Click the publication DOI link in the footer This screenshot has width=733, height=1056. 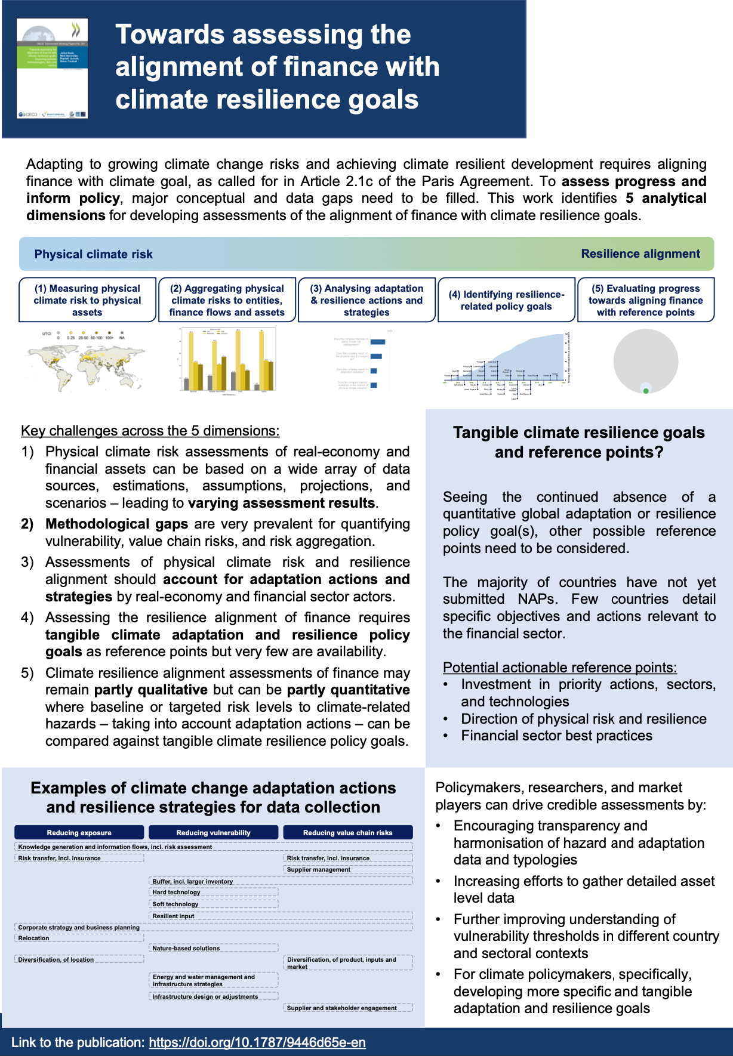click(x=257, y=1042)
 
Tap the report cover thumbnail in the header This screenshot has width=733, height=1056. click(x=53, y=68)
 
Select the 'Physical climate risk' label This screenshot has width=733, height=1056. click(x=93, y=254)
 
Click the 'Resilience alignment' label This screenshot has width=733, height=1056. click(x=640, y=254)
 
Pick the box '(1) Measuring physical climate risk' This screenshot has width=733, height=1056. click(x=87, y=300)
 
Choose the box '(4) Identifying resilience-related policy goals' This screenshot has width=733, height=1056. click(x=506, y=300)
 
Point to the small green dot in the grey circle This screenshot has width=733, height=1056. click(x=646, y=391)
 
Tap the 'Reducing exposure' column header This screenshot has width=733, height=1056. click(x=79, y=832)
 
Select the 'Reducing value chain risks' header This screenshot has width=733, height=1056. click(x=347, y=832)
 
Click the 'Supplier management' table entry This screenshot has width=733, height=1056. click(x=319, y=869)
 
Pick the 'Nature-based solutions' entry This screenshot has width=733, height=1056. click(x=186, y=948)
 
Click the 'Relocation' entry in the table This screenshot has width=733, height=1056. click(x=34, y=938)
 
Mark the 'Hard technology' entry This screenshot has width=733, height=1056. click(x=176, y=892)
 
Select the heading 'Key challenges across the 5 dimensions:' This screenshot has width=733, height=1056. click(x=150, y=431)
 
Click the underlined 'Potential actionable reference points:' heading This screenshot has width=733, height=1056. click(x=559, y=667)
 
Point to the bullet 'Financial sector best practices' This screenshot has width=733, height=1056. click(x=556, y=736)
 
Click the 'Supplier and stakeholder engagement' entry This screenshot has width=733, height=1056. click(x=341, y=1008)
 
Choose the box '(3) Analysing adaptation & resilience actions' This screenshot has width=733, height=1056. click(x=366, y=300)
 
